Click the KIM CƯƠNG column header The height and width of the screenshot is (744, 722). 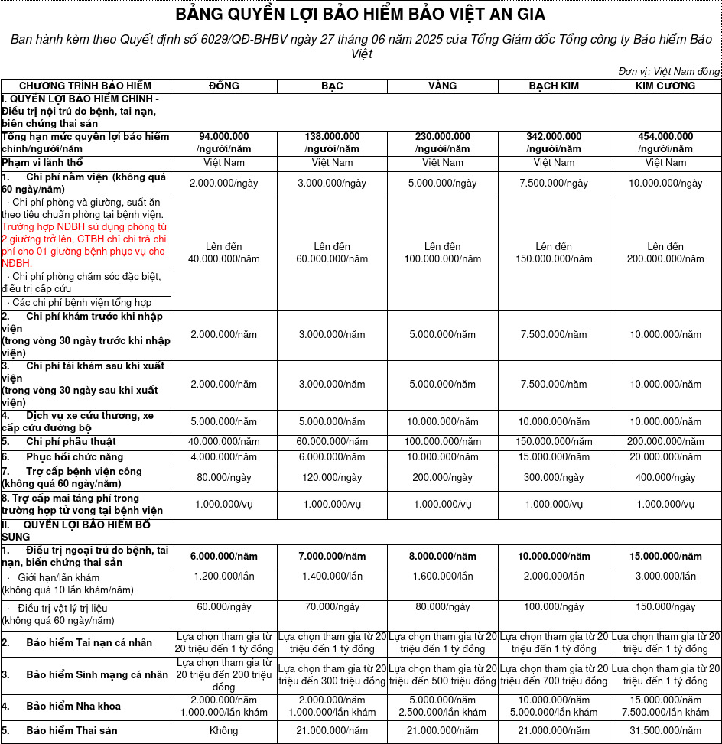(665, 86)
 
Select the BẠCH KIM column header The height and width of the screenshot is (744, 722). (554, 86)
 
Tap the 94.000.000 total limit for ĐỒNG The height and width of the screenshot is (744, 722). (223, 142)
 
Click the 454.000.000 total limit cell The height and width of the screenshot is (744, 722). (665, 142)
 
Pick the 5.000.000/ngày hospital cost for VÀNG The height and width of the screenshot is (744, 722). (443, 184)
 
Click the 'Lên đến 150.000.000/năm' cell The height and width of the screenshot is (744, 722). (554, 253)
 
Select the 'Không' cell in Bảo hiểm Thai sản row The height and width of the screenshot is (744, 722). (223, 731)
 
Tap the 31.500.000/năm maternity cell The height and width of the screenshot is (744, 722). (665, 731)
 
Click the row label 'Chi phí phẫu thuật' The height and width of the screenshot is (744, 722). (71, 442)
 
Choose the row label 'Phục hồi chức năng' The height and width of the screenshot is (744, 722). (74, 456)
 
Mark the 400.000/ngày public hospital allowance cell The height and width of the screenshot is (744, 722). (665, 478)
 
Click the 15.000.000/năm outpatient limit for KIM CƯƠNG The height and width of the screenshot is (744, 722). (665, 557)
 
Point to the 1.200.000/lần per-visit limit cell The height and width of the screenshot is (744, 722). (223, 577)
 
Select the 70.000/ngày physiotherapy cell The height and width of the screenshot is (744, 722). (332, 607)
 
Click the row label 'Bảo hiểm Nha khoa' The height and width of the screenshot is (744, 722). (73, 706)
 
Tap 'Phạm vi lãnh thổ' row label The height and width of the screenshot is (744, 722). (42, 163)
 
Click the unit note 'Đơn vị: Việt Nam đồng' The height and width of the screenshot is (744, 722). (668, 71)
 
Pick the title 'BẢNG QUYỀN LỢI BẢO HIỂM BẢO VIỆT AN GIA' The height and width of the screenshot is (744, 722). (361, 15)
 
